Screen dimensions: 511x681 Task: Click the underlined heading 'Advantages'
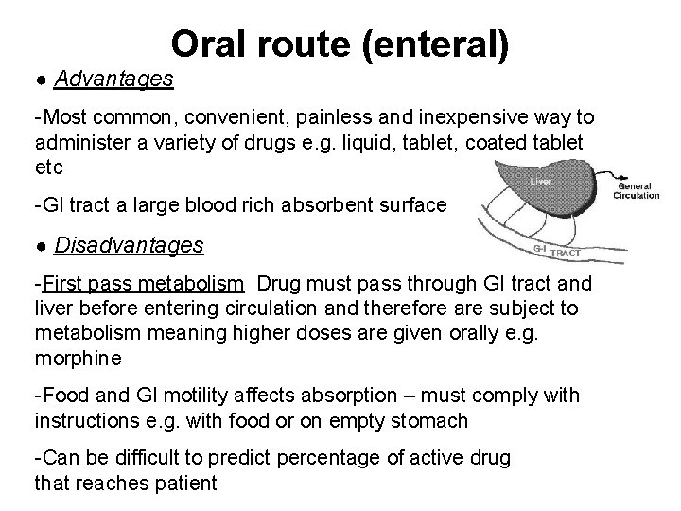coord(113,79)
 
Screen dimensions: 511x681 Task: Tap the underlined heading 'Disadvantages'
coord(129,246)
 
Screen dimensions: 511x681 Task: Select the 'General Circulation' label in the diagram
coord(637,191)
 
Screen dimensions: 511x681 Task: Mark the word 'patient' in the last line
coord(186,483)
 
